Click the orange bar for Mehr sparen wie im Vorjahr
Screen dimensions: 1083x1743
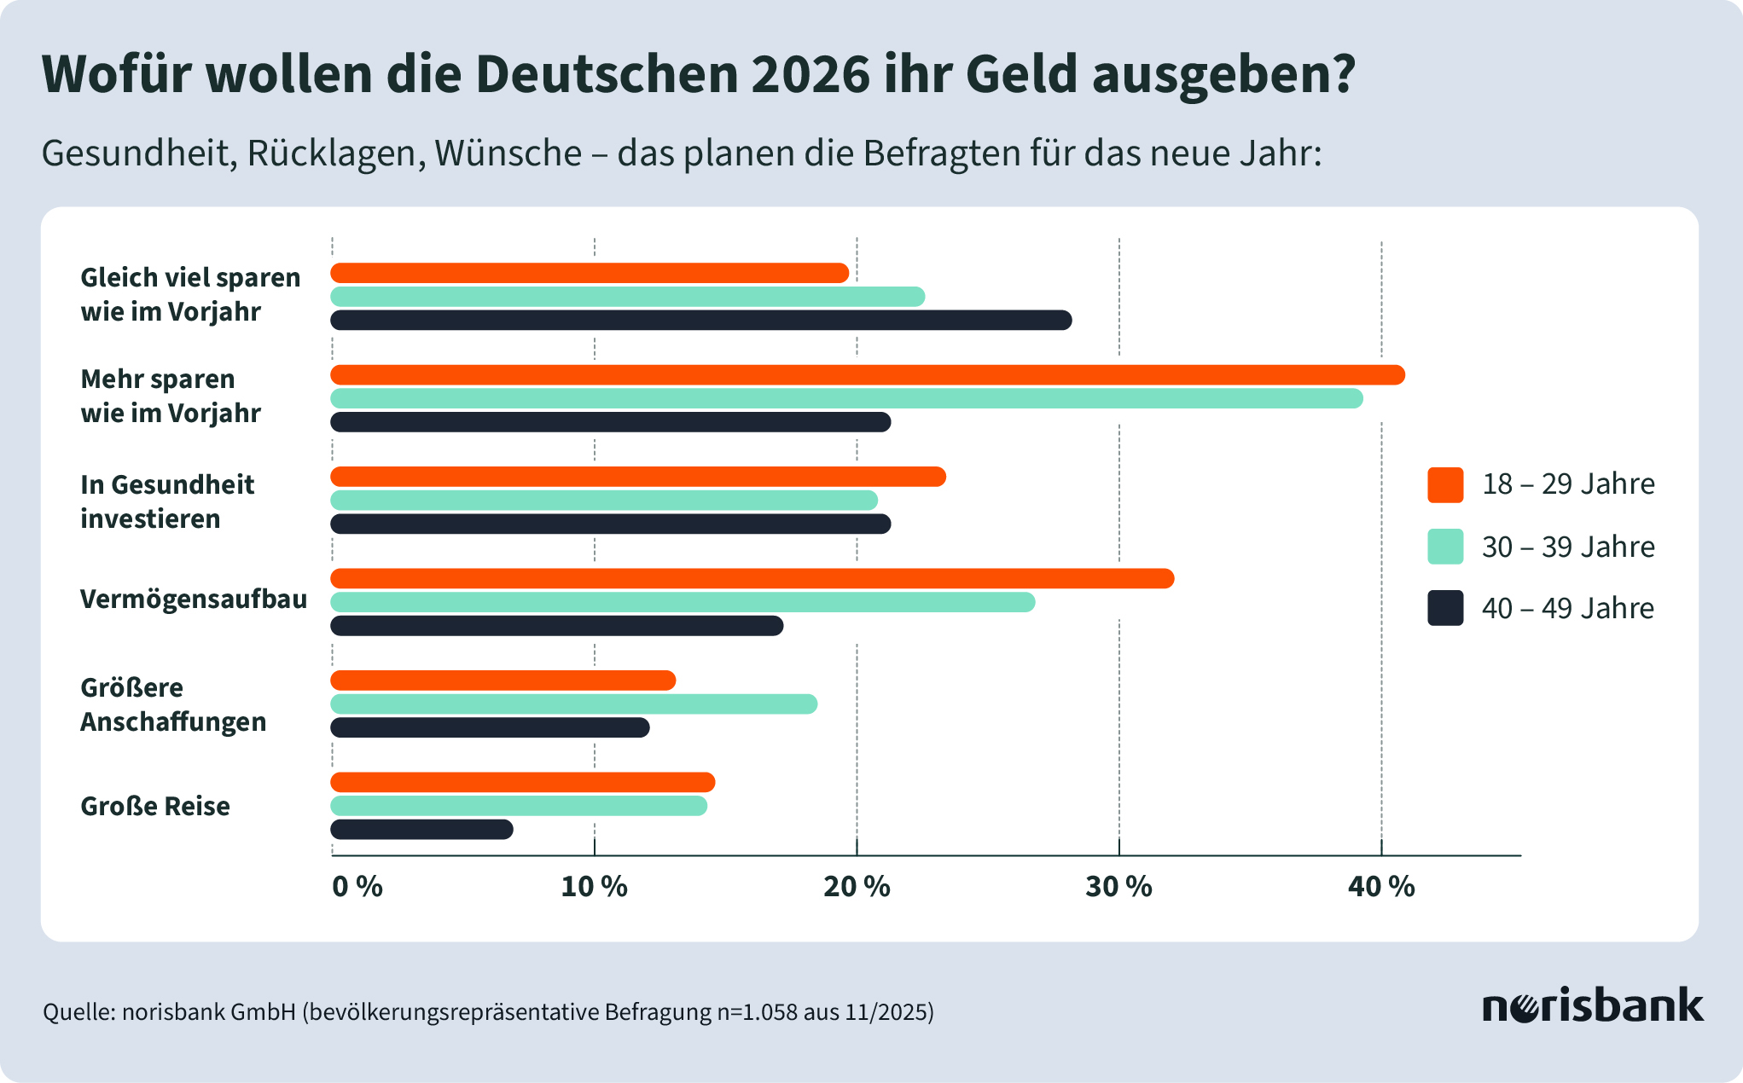867,375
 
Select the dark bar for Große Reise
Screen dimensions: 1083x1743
422,829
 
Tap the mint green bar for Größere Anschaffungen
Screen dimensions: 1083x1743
573,704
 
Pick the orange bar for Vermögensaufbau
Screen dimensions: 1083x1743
752,579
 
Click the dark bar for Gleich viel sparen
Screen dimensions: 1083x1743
700,321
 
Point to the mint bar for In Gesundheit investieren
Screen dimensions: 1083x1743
604,501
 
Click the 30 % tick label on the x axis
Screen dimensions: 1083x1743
1118,887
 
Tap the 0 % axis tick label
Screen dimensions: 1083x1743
357,887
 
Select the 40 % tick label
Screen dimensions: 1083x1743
1380,887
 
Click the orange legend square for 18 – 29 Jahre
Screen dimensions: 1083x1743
1445,484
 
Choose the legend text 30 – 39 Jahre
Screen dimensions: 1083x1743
1568,547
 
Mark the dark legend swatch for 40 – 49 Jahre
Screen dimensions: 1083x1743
1445,608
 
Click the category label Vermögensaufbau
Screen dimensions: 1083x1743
194,599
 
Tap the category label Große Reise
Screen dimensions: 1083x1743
155,806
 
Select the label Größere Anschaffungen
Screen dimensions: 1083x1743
173,704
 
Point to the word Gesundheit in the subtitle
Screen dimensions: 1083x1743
138,153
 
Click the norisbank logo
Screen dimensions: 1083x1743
1592,1006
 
